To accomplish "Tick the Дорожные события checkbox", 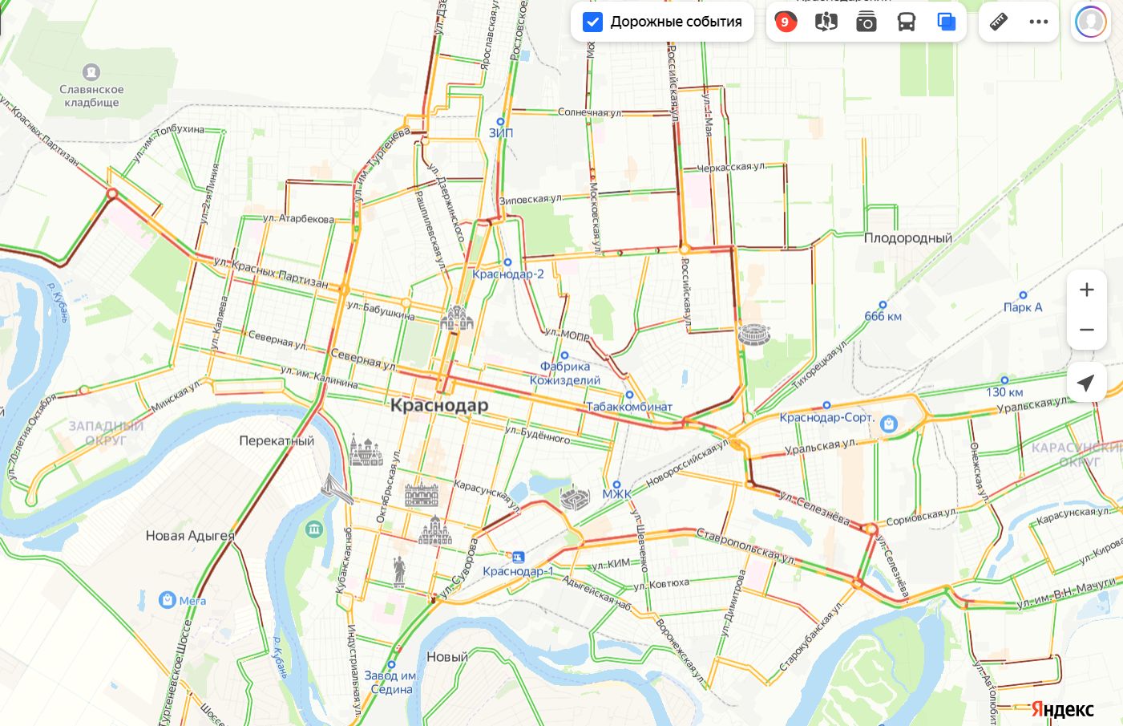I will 592,22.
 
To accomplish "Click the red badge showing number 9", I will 786,22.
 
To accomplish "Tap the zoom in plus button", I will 1086,290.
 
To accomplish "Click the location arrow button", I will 1086,383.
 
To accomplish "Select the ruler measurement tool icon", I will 998,22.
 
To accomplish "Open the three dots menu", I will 1039,22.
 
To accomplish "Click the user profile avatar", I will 1090,22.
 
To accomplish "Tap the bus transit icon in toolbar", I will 907,22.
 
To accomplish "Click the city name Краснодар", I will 438,405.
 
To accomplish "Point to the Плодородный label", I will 907,238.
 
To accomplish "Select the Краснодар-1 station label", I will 518,571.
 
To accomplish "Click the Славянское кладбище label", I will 91,95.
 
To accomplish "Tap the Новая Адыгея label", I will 190,536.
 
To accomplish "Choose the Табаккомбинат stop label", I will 629,407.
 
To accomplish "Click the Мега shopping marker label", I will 192,600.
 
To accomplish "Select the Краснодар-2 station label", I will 507,274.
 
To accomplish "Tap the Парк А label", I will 1023,307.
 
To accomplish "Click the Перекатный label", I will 277,440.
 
